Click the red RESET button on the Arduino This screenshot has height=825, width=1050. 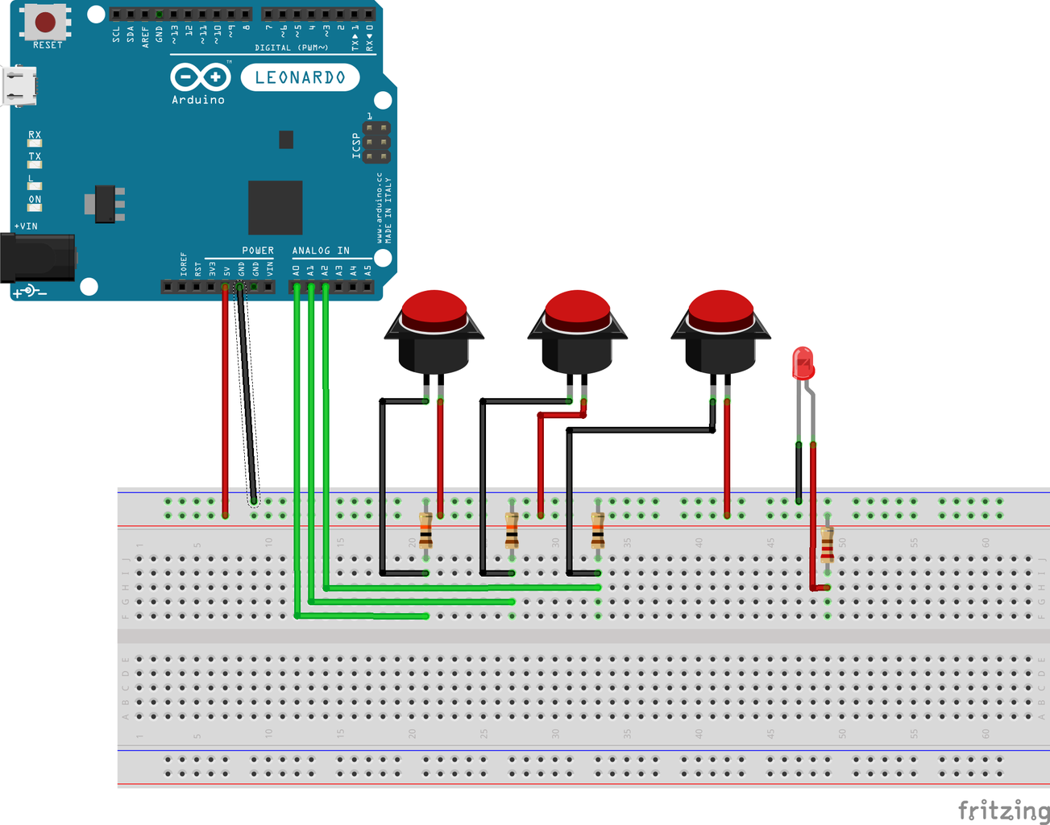(x=45, y=22)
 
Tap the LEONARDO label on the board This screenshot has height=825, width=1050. (x=300, y=77)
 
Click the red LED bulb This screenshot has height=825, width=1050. (x=803, y=363)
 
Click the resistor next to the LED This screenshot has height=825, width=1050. (x=827, y=545)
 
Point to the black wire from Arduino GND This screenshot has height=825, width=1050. (x=247, y=395)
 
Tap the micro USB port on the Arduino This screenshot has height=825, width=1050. (x=19, y=85)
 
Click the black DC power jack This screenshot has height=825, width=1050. (x=37, y=257)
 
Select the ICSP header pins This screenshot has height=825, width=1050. (x=376, y=143)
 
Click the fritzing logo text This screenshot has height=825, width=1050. (x=1002, y=809)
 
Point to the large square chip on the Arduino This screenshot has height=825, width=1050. (x=275, y=207)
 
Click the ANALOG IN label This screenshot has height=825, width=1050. (x=321, y=251)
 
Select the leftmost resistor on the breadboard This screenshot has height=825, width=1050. (x=425, y=531)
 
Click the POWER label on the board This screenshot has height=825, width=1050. (x=258, y=251)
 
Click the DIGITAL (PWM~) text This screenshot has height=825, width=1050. (x=292, y=48)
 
